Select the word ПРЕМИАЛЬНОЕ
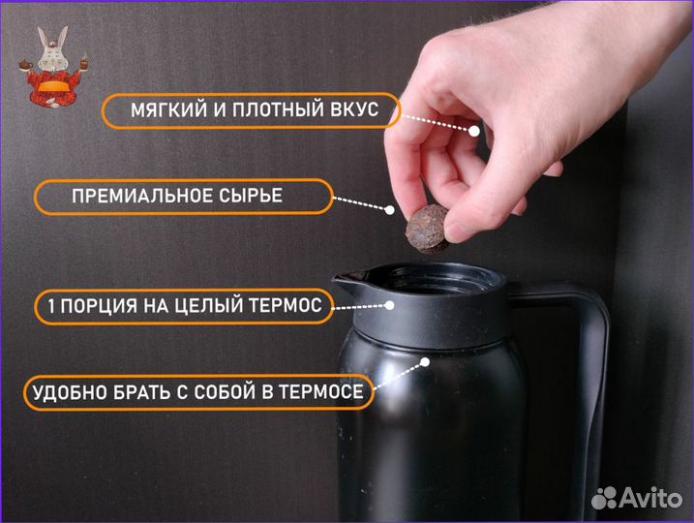(141, 197)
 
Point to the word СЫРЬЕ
(251, 197)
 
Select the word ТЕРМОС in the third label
(287, 307)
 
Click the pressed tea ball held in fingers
(426, 229)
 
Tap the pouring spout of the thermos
(349, 282)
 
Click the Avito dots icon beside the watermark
(606, 498)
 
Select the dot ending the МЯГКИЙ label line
(475, 131)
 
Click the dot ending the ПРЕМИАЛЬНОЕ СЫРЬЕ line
(390, 209)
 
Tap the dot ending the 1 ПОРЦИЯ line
(389, 304)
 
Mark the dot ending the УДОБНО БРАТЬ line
(425, 363)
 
